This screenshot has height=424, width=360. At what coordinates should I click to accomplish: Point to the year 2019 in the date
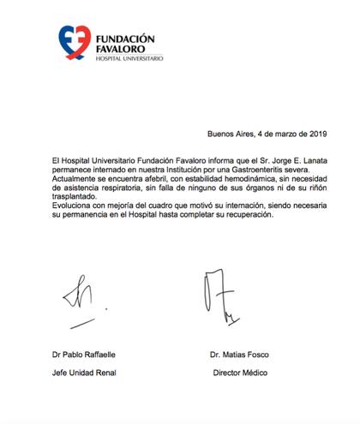(x=317, y=134)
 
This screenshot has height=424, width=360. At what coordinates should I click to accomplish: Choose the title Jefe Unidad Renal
(x=83, y=373)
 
